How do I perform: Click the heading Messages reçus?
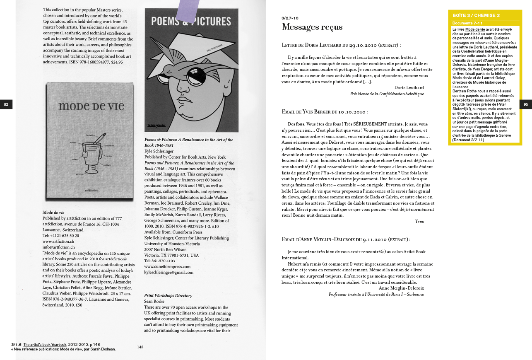(x=312, y=27)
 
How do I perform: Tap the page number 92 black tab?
(x=6, y=104)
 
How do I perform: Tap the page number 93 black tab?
(x=525, y=104)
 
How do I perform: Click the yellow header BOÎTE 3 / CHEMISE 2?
(x=476, y=15)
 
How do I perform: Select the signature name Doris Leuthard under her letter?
(x=409, y=87)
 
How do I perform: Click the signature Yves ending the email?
(x=419, y=221)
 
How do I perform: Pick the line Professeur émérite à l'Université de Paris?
(x=376, y=294)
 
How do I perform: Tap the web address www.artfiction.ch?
(x=58, y=241)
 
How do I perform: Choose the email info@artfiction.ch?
(x=58, y=247)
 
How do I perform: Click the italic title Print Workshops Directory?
(x=168, y=295)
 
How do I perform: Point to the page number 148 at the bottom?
(x=140, y=347)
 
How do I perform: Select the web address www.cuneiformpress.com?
(x=167, y=266)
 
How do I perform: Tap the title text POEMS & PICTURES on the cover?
(x=191, y=22)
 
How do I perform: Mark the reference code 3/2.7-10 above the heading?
(x=290, y=18)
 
